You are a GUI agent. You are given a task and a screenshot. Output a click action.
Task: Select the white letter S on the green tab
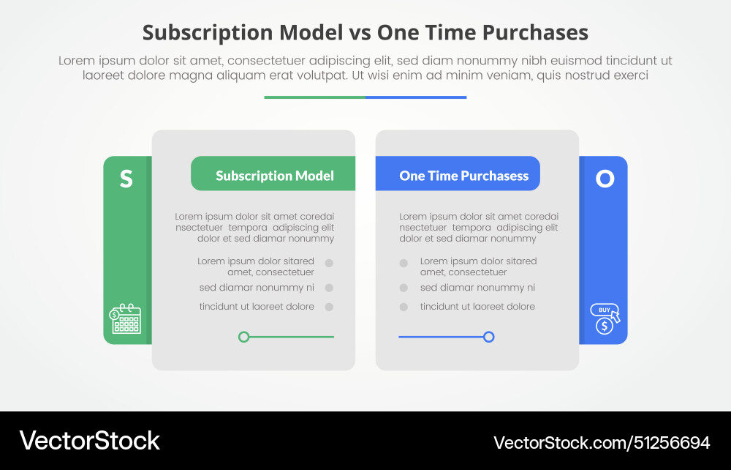click(126, 179)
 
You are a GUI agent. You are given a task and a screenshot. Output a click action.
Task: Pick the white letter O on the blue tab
click(605, 179)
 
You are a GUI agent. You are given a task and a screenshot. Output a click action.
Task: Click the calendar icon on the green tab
click(126, 318)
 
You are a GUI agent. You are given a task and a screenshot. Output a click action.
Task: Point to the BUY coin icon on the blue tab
click(605, 318)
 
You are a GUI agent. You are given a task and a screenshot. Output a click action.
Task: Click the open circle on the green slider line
click(244, 337)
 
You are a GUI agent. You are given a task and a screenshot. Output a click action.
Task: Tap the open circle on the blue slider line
click(489, 337)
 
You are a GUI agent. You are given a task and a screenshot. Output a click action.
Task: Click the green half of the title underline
click(314, 97)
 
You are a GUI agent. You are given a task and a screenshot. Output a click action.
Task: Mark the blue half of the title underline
click(416, 97)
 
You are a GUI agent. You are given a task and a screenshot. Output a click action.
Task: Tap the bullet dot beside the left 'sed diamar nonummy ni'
click(330, 288)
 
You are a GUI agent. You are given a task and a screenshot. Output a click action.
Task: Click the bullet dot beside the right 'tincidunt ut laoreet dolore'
click(404, 307)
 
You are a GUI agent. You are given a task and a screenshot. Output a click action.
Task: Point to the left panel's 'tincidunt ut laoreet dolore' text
click(257, 307)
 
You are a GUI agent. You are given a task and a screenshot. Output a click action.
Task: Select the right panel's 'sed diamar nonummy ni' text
click(477, 288)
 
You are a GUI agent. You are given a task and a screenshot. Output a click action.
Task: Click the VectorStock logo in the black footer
click(89, 440)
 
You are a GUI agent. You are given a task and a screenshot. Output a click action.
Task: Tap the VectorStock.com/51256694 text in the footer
click(602, 442)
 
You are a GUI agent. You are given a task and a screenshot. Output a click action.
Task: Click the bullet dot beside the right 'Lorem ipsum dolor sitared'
click(404, 263)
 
